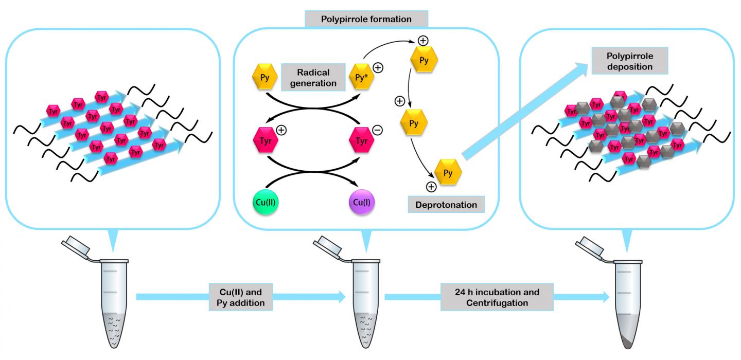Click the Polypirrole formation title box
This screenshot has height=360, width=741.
pyautogui.click(x=366, y=20)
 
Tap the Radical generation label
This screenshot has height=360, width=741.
pyautogui.click(x=313, y=77)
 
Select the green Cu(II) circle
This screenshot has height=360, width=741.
pyautogui.click(x=268, y=202)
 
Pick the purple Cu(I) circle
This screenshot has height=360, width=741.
pyautogui.click(x=358, y=202)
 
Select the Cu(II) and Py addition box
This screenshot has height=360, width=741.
pyautogui.click(x=241, y=297)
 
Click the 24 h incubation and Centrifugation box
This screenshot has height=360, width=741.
pyautogui.click(x=497, y=297)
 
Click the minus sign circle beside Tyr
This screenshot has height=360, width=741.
pyautogui.click(x=377, y=130)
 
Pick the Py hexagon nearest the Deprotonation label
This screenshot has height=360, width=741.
pyautogui.click(x=448, y=173)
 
